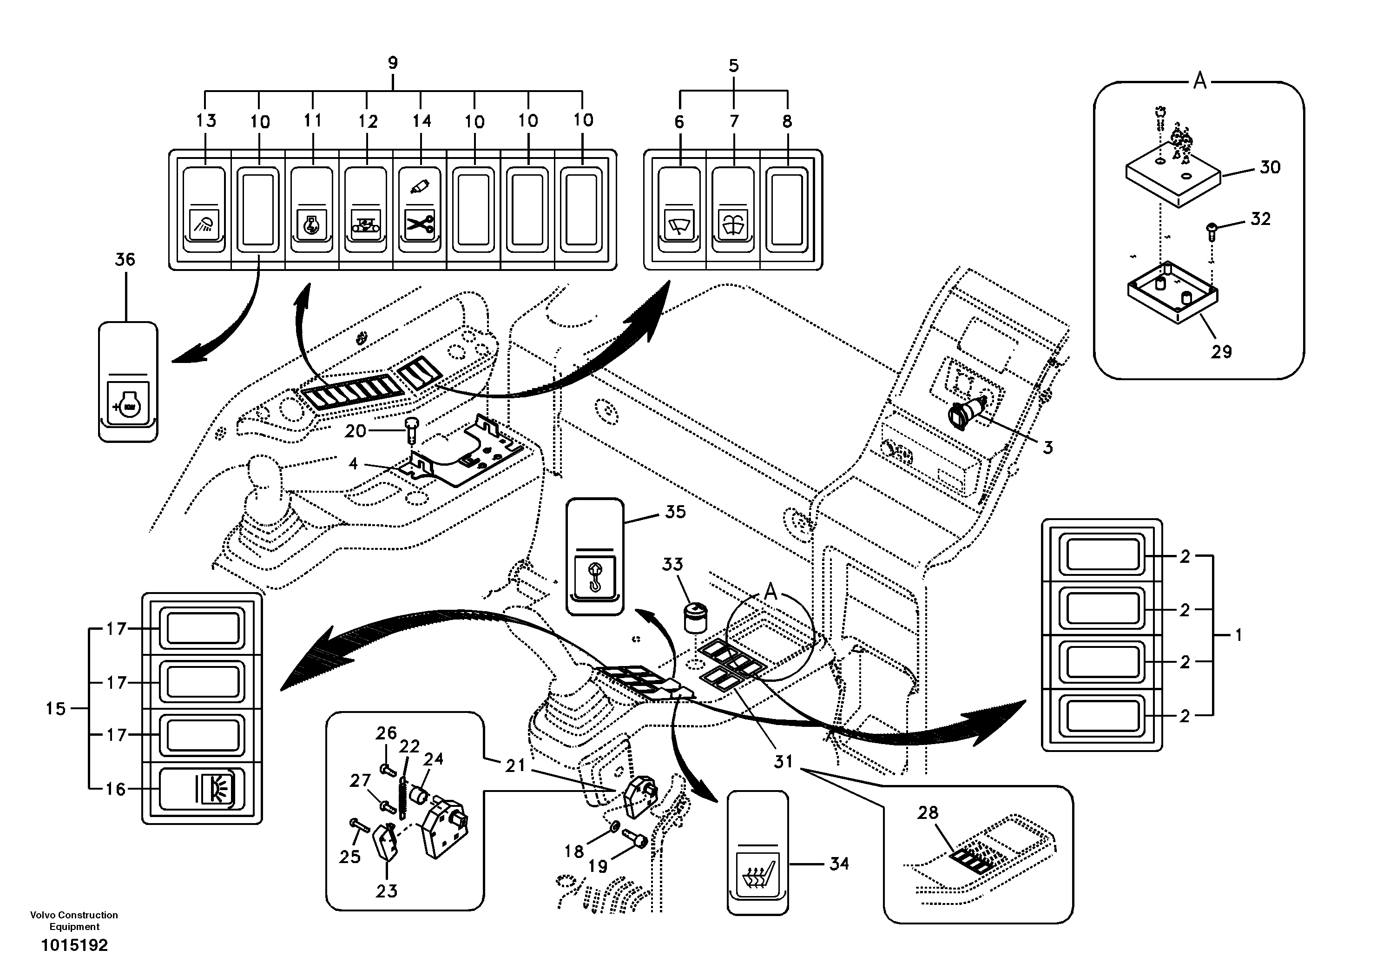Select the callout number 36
click(x=125, y=260)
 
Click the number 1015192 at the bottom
click(x=74, y=945)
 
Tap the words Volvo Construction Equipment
click(x=74, y=921)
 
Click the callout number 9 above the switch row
click(x=393, y=63)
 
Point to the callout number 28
click(x=928, y=813)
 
